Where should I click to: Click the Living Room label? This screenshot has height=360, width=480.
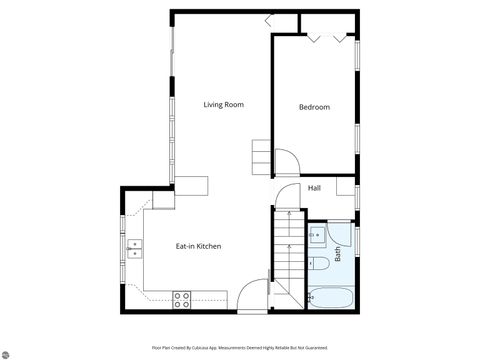pos(224,105)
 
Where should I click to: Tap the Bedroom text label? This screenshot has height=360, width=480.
pos(314,107)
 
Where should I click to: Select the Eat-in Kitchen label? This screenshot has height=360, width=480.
pos(198,246)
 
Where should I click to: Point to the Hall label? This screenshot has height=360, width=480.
pos(314,188)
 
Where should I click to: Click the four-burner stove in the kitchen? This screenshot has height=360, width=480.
pos(182,298)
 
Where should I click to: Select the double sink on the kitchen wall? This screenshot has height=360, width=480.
pos(133,247)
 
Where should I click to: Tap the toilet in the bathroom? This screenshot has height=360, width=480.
pos(319,264)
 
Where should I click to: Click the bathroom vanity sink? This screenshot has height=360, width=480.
pos(315,236)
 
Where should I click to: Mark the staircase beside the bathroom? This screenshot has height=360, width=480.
pos(288,255)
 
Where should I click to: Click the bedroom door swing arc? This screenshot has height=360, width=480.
pos(286,161)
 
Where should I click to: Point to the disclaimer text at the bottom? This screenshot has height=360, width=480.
pos(240,347)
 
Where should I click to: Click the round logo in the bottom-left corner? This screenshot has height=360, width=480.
pos(7,353)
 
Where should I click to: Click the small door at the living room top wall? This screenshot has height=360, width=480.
pos(273,19)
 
